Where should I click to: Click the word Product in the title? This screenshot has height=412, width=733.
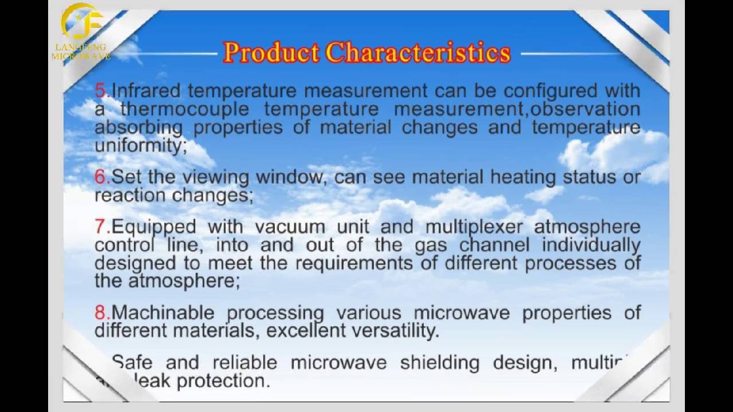271,52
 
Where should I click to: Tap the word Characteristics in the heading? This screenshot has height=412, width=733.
417,52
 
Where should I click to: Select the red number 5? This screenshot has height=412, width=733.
101,90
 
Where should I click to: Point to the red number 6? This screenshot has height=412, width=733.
101,177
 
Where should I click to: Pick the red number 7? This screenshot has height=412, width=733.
101,227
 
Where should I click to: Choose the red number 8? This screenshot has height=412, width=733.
101,312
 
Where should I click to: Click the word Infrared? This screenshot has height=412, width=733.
147,90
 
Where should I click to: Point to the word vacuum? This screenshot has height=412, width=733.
286,227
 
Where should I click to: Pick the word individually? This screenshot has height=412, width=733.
591,245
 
